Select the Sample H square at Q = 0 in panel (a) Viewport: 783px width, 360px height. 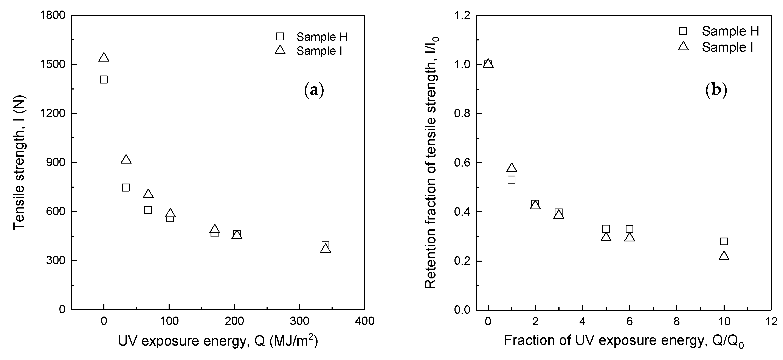pyautogui.click(x=104, y=80)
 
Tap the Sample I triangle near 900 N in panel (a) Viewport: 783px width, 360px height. pyautogui.click(x=126, y=159)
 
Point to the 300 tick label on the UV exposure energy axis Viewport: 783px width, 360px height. pyautogui.click(x=299, y=321)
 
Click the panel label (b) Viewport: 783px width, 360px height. pyautogui.click(x=716, y=90)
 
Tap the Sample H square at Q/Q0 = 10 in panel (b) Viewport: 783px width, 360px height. pyautogui.click(x=724, y=241)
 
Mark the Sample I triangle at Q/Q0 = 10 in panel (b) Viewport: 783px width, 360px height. pyautogui.click(x=724, y=256)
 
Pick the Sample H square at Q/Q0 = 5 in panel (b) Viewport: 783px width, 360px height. pyautogui.click(x=606, y=229)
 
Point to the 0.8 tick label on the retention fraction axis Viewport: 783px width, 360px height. pyautogui.click(x=461, y=114)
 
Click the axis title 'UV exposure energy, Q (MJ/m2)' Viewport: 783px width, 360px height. pyautogui.click(x=218, y=341)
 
